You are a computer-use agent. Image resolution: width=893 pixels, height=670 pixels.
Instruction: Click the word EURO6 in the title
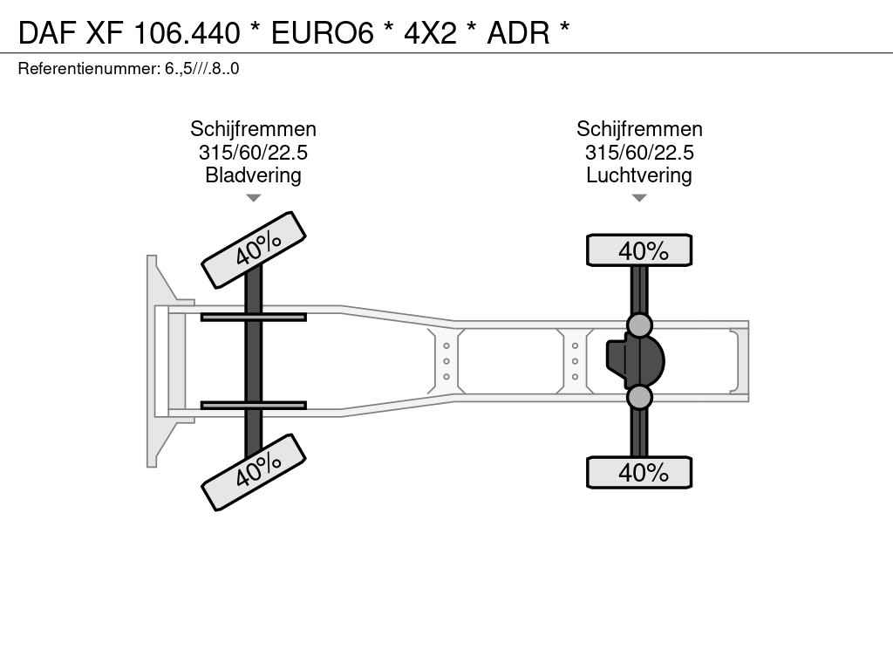click(x=323, y=33)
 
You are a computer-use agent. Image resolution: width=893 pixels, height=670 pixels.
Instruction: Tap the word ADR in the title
click(x=518, y=33)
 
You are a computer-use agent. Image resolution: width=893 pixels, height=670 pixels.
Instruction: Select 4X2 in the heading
click(x=431, y=33)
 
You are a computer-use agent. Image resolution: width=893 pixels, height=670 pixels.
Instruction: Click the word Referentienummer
click(x=90, y=69)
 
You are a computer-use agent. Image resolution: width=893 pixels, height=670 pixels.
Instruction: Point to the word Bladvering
click(x=253, y=175)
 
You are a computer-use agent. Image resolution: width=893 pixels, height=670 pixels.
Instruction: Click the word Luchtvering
click(x=639, y=175)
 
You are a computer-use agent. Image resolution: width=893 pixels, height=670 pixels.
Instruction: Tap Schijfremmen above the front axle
click(x=253, y=129)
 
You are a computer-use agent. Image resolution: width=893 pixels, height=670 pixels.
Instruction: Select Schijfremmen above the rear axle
click(x=639, y=129)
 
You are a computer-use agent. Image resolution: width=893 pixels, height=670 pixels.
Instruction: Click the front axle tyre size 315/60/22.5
click(x=253, y=153)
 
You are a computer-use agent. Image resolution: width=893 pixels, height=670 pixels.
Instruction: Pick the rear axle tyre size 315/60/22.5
click(x=639, y=153)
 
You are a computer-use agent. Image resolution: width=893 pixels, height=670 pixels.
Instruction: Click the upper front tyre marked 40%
click(x=254, y=250)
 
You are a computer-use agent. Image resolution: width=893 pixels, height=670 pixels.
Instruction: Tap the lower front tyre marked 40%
click(x=254, y=472)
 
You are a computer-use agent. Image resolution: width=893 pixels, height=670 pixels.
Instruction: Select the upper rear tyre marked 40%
click(x=639, y=250)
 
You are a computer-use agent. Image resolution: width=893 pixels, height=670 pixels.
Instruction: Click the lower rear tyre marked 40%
click(x=639, y=472)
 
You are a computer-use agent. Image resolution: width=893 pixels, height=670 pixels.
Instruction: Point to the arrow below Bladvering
click(x=253, y=198)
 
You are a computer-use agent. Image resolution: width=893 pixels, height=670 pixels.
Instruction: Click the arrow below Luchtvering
click(x=639, y=198)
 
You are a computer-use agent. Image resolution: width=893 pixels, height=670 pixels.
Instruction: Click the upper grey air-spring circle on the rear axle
click(x=639, y=325)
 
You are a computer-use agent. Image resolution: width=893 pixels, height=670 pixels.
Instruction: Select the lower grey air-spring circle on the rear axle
click(x=639, y=397)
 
